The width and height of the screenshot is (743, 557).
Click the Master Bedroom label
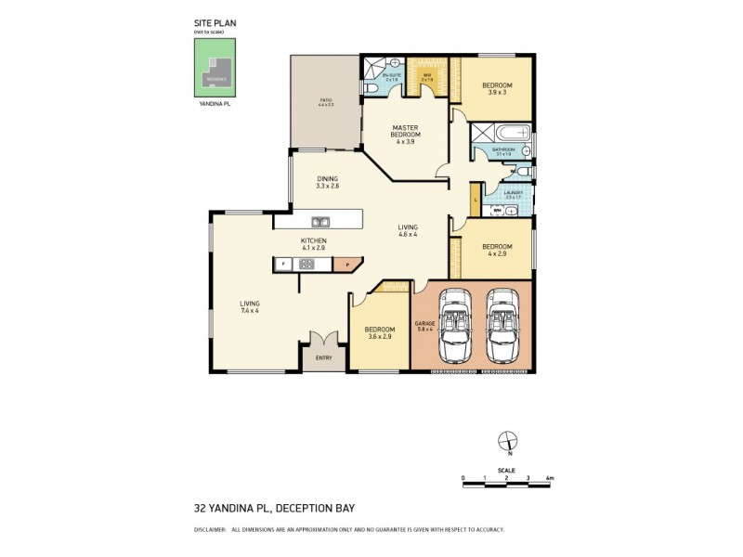[406, 135]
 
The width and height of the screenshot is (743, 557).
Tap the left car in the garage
[454, 327]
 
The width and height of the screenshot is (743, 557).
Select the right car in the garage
[502, 327]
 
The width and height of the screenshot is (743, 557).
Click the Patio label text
[326, 101]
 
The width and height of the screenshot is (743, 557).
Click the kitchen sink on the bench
[320, 222]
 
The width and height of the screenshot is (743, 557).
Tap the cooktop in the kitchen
[306, 265]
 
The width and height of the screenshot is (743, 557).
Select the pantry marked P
[346, 265]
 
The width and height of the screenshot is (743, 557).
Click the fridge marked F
[281, 265]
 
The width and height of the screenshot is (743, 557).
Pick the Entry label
[323, 357]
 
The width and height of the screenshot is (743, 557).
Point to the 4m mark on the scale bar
[550, 478]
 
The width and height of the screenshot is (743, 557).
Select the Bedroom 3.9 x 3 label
[497, 89]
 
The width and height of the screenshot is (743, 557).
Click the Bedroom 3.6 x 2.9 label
[379, 332]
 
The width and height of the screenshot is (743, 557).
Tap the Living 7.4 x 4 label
[249, 307]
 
